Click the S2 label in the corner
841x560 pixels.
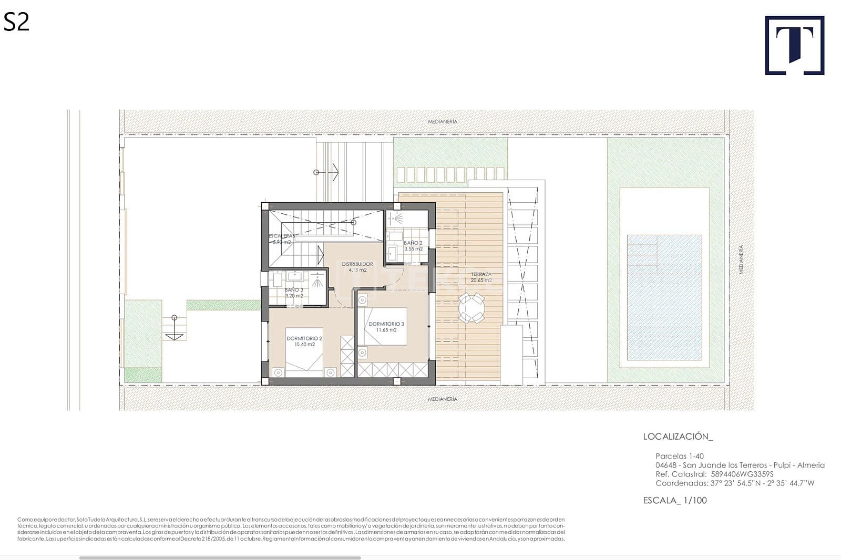tap(16, 22)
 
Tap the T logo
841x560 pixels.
tap(794, 46)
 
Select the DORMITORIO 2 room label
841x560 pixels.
tap(304, 341)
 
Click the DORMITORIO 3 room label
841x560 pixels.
tap(386, 327)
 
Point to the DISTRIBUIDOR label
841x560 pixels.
tap(357, 267)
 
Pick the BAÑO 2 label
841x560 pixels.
tap(413, 245)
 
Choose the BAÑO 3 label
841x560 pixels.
tap(294, 293)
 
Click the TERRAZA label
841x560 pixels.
tap(481, 277)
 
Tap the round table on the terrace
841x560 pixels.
tap(471, 308)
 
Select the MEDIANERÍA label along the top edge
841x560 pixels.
tap(442, 121)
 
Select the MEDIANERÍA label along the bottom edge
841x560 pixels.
tap(442, 399)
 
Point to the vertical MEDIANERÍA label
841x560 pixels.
tap(741, 260)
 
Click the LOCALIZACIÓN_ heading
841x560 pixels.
tap(678, 437)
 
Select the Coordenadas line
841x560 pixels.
tap(734, 483)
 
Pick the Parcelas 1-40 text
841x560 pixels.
tap(679, 456)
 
